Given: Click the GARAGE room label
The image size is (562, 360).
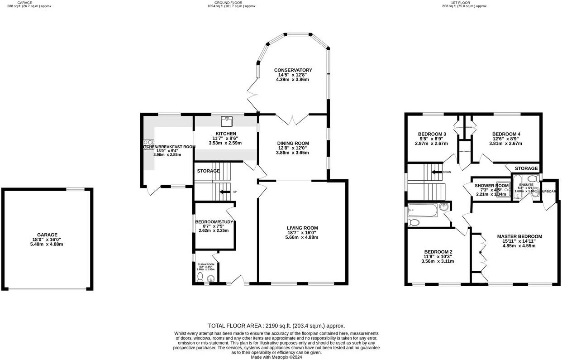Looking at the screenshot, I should (47, 235).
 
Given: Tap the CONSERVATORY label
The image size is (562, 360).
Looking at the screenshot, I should (293, 70).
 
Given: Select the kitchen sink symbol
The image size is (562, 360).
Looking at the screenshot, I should (226, 120).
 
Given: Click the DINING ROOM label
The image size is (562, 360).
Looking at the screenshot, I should (293, 144).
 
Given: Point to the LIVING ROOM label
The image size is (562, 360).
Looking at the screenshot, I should (302, 228).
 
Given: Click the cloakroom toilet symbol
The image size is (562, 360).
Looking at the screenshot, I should (200, 277).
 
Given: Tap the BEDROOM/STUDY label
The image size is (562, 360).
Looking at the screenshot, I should (214, 222).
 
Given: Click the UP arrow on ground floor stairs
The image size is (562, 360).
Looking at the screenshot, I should (224, 192).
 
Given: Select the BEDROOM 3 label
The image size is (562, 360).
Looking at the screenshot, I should (432, 134).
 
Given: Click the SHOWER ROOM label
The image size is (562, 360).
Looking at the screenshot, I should (492, 186).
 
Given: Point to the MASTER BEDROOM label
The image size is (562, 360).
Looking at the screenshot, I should (519, 236).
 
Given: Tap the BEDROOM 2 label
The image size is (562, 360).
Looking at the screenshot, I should (438, 252).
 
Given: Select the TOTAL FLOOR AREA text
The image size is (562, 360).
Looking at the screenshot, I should (276, 326).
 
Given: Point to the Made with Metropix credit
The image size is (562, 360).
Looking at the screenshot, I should (276, 357).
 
